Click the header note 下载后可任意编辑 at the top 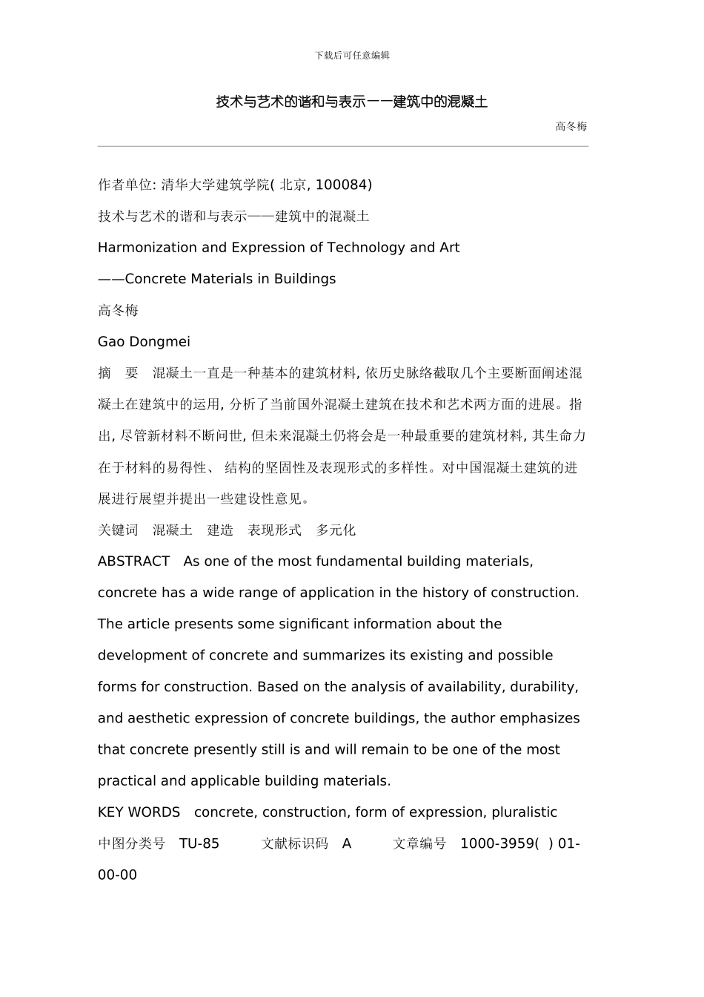pos(352,55)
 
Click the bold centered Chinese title pos(352,102)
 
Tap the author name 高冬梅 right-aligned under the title pos(571,126)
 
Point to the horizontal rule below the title pos(342,146)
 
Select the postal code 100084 pos(341,185)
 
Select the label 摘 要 pos(118,373)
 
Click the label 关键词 pos(118,530)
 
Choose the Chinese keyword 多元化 pos(336,530)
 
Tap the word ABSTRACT pos(134,562)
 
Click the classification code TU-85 pos(199,843)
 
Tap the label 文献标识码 pos(294,843)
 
